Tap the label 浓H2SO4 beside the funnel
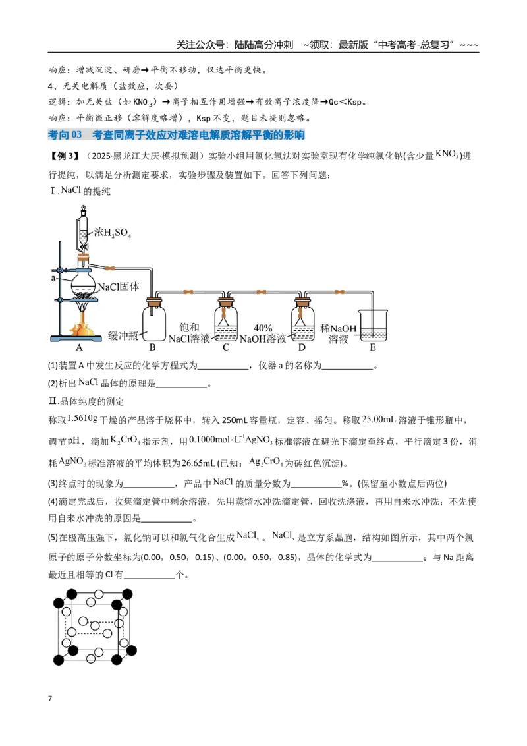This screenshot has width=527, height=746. (112, 233)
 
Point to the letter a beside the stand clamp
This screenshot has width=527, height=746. (53, 278)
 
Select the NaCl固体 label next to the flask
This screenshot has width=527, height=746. (119, 287)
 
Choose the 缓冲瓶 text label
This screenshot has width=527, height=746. (123, 335)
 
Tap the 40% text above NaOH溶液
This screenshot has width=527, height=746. (263, 328)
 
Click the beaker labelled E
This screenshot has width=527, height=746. (373, 326)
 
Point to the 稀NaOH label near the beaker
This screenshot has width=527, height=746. (338, 328)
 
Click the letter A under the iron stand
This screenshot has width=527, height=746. (79, 347)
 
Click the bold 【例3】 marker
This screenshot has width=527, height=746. (63, 156)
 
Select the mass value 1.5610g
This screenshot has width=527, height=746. (82, 418)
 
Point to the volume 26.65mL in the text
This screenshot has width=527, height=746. (198, 463)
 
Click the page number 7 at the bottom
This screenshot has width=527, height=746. (50, 699)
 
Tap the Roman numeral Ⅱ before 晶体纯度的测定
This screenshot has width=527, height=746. (53, 401)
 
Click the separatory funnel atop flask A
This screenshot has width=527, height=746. (84, 229)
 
